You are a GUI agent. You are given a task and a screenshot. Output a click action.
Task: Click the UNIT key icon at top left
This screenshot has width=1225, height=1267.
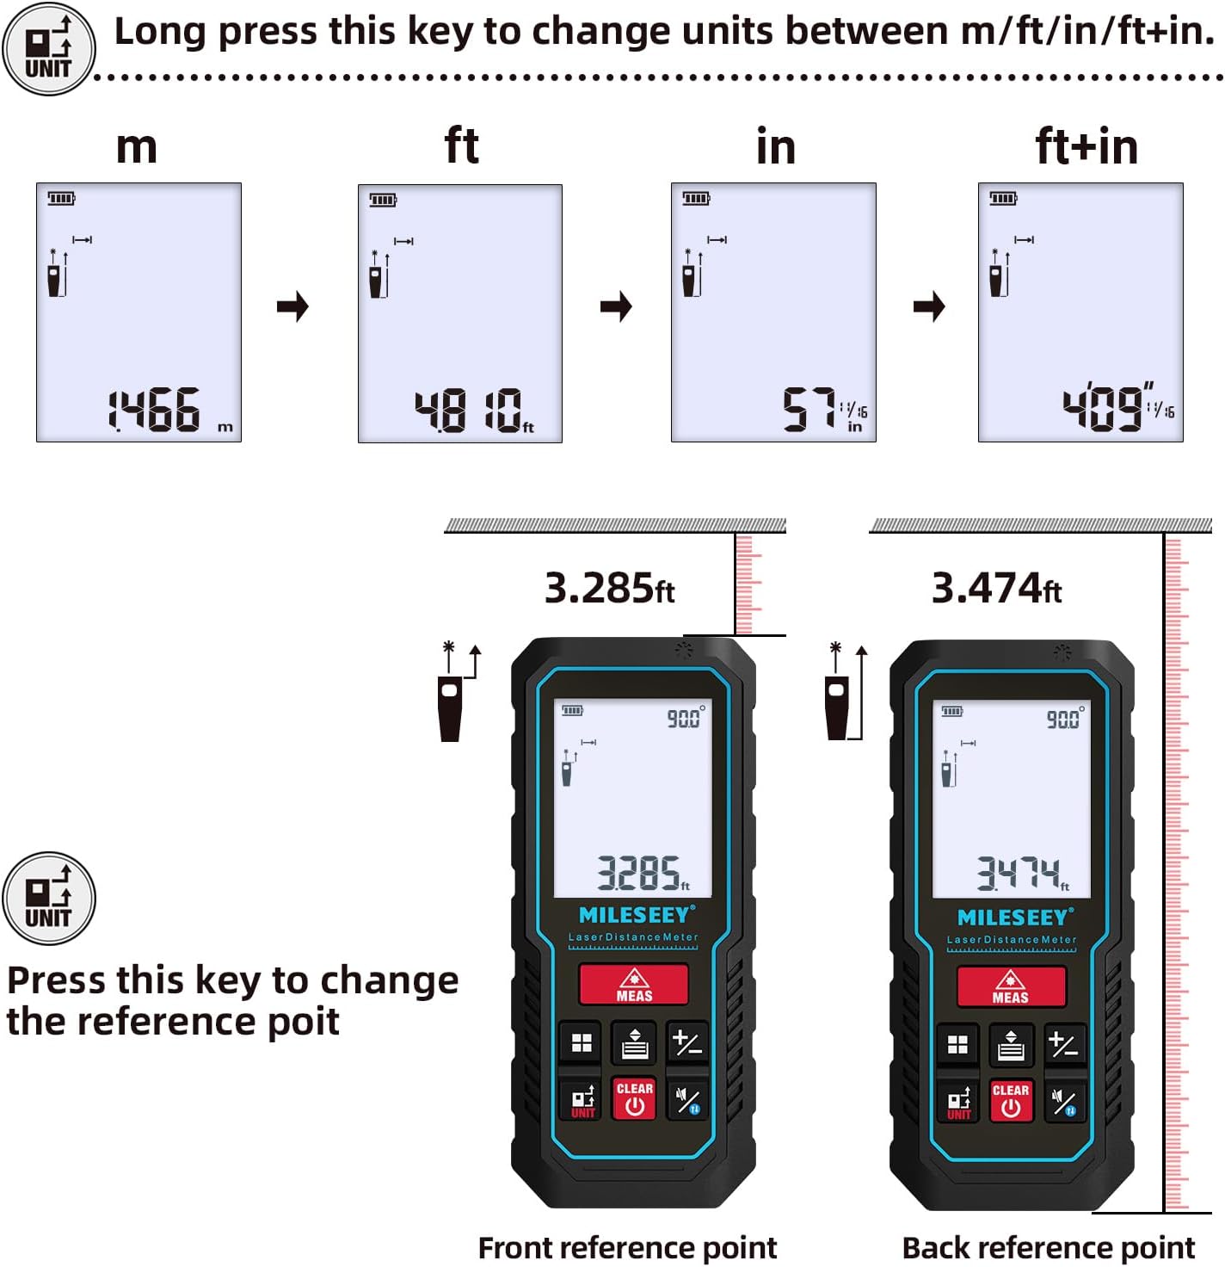pos(48,48)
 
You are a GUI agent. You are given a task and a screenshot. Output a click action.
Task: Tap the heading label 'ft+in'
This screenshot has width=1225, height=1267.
pos(1086,146)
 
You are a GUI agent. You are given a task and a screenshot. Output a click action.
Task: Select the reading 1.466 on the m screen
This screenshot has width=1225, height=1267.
pos(155,410)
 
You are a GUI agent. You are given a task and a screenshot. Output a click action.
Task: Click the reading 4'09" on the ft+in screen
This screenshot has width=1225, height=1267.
pos(1105,408)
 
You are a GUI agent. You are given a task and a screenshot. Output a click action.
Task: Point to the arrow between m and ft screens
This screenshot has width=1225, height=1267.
pos(293,306)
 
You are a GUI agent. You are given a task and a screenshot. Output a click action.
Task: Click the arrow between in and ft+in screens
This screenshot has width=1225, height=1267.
pos(929,306)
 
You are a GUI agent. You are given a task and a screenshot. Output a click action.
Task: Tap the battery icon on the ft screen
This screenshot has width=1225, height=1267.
pos(383,201)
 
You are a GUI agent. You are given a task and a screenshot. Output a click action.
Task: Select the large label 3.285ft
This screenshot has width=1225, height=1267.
pos(609,589)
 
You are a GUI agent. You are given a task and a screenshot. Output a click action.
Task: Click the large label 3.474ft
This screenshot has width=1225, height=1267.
pos(996,589)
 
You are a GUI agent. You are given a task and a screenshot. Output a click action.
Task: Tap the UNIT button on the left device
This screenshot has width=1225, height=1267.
pos(582,1101)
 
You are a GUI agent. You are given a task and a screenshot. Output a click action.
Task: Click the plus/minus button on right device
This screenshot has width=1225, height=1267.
pos(1064,1045)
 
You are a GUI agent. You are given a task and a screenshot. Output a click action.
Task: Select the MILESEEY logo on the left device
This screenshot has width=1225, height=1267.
pos(635,915)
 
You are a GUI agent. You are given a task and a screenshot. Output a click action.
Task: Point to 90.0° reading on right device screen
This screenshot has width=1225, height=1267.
pos(1065,719)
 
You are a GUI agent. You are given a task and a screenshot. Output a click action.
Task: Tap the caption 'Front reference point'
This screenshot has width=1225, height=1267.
pos(627,1247)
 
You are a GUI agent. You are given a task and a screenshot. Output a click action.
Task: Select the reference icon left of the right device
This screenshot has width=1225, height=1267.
pos(843,693)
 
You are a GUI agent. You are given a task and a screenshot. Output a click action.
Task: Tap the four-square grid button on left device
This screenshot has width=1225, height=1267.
pos(582,1043)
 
